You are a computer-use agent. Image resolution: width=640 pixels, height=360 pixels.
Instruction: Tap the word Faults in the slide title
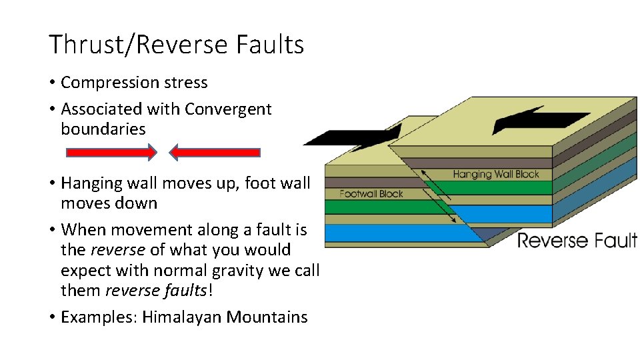tap(270, 45)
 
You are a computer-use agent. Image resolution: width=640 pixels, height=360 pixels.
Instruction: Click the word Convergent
tap(228, 109)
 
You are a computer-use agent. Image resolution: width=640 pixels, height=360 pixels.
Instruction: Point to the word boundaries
tap(103, 129)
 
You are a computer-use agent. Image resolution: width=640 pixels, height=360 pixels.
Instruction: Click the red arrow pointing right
tap(111, 153)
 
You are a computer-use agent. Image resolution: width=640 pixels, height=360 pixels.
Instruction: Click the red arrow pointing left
tap(215, 153)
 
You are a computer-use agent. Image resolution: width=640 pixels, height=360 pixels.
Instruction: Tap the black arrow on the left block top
tap(353, 135)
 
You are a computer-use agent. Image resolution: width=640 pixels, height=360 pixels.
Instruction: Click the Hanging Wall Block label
tap(495, 175)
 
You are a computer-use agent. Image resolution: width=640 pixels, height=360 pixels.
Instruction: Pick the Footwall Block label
tap(371, 194)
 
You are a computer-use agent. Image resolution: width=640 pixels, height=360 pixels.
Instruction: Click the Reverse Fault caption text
tap(577, 240)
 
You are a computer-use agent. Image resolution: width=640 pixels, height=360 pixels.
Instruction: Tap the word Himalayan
tap(183, 317)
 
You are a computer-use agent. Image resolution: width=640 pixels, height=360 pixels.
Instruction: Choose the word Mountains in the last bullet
tap(267, 317)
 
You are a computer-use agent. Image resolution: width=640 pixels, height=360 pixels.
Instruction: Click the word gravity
tap(259, 271)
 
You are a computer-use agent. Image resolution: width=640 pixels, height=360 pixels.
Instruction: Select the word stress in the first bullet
tap(189, 83)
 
